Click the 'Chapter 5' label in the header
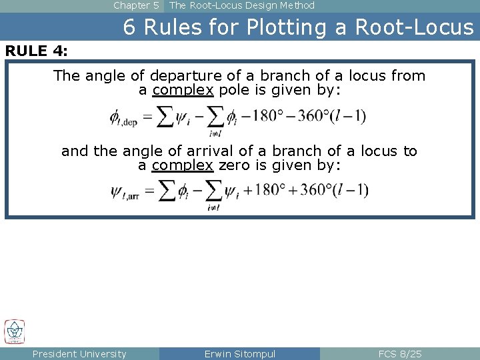(x=136, y=5)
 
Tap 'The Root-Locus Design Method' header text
(x=242, y=5)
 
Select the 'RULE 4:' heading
(x=37, y=51)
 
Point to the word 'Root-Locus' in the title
(x=414, y=27)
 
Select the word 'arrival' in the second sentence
(x=215, y=151)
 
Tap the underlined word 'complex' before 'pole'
(x=183, y=90)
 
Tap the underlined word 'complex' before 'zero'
(x=183, y=165)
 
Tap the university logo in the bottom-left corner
(x=15, y=331)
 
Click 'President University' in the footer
(x=79, y=354)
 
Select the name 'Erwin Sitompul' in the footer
(x=240, y=354)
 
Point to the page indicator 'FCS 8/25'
(x=400, y=354)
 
